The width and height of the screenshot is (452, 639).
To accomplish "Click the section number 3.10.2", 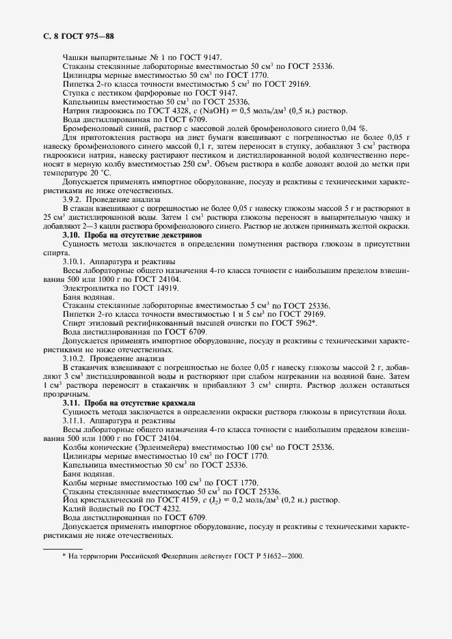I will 75,358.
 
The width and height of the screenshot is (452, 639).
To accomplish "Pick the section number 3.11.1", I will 75,421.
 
